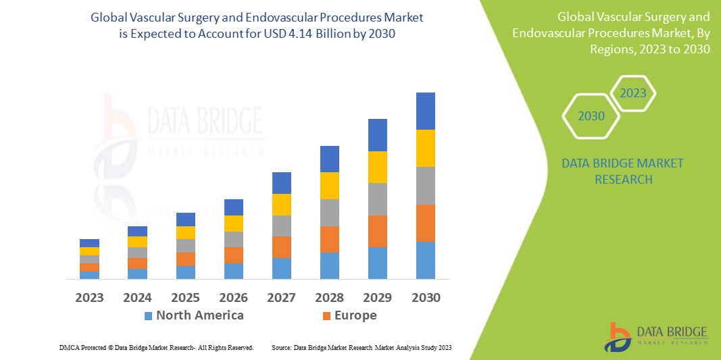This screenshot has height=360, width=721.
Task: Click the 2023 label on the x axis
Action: (89, 298)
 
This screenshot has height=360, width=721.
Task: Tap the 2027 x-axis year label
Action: (281, 298)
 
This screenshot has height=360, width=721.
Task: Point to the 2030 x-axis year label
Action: (425, 298)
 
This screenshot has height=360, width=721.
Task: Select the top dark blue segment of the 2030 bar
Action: (425, 111)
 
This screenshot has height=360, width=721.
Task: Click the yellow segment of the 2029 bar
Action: (377, 167)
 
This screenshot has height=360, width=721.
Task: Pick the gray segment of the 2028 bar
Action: (329, 212)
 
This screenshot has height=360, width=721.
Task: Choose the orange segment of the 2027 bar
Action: (281, 247)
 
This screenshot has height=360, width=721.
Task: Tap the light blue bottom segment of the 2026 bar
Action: (233, 271)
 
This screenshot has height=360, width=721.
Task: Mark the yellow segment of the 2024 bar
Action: (137, 242)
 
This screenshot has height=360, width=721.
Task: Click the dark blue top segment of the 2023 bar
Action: (89, 243)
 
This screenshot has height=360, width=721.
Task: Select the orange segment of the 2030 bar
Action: (425, 223)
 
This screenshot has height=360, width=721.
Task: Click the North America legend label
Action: (199, 315)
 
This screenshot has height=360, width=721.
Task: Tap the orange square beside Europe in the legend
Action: (327, 316)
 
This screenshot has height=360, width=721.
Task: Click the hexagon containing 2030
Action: (591, 116)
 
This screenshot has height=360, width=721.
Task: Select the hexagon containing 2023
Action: (633, 93)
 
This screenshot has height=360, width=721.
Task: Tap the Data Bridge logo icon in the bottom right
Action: (618, 336)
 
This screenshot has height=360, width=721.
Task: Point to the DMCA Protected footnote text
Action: (156, 347)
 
